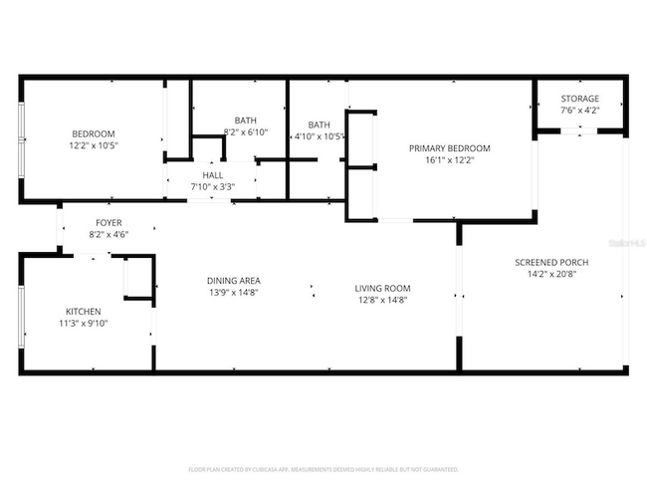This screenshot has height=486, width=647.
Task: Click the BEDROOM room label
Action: [x=93, y=133]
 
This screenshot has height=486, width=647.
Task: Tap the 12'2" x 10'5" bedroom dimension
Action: [x=93, y=145]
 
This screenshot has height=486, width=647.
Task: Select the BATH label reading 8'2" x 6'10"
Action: [x=245, y=120]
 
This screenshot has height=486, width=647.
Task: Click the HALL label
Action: [x=212, y=174]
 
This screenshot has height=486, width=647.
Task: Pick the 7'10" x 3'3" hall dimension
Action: [x=212, y=186]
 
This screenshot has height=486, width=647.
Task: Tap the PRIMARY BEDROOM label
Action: [x=449, y=147]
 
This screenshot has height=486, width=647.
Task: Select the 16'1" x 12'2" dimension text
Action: [x=449, y=159]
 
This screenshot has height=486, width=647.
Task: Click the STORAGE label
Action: [x=579, y=99]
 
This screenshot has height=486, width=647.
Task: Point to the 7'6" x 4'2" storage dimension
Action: [x=579, y=111]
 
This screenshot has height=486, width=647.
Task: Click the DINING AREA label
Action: [x=235, y=280]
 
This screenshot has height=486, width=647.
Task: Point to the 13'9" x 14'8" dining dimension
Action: [x=235, y=292]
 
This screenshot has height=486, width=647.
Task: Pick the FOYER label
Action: [x=108, y=222]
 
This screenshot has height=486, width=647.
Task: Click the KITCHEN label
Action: [x=84, y=310]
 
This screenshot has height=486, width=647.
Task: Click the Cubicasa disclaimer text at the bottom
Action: [x=323, y=468]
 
